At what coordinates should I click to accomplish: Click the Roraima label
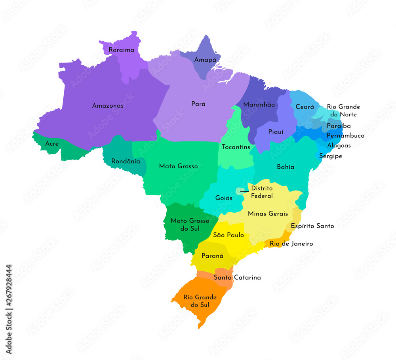[x=122, y=50]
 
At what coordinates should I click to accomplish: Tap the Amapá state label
[x=205, y=60]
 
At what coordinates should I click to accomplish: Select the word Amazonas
[x=108, y=106]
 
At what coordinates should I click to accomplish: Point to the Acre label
[x=52, y=143]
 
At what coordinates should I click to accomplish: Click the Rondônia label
[x=126, y=161]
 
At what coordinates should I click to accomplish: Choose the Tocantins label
[x=236, y=147]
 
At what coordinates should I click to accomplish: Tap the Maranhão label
[x=259, y=105]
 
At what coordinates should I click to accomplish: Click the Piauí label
[x=276, y=131]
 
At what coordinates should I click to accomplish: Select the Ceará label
[x=305, y=107]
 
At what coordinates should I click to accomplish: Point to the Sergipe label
[x=331, y=156]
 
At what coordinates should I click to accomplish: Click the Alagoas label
[x=339, y=145]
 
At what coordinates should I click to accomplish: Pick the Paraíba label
[x=339, y=126]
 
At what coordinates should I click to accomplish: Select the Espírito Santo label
[x=312, y=226]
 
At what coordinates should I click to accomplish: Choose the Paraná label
[x=213, y=256]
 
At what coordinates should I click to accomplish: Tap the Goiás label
[x=224, y=198]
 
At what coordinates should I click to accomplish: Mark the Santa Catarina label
[x=237, y=277]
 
